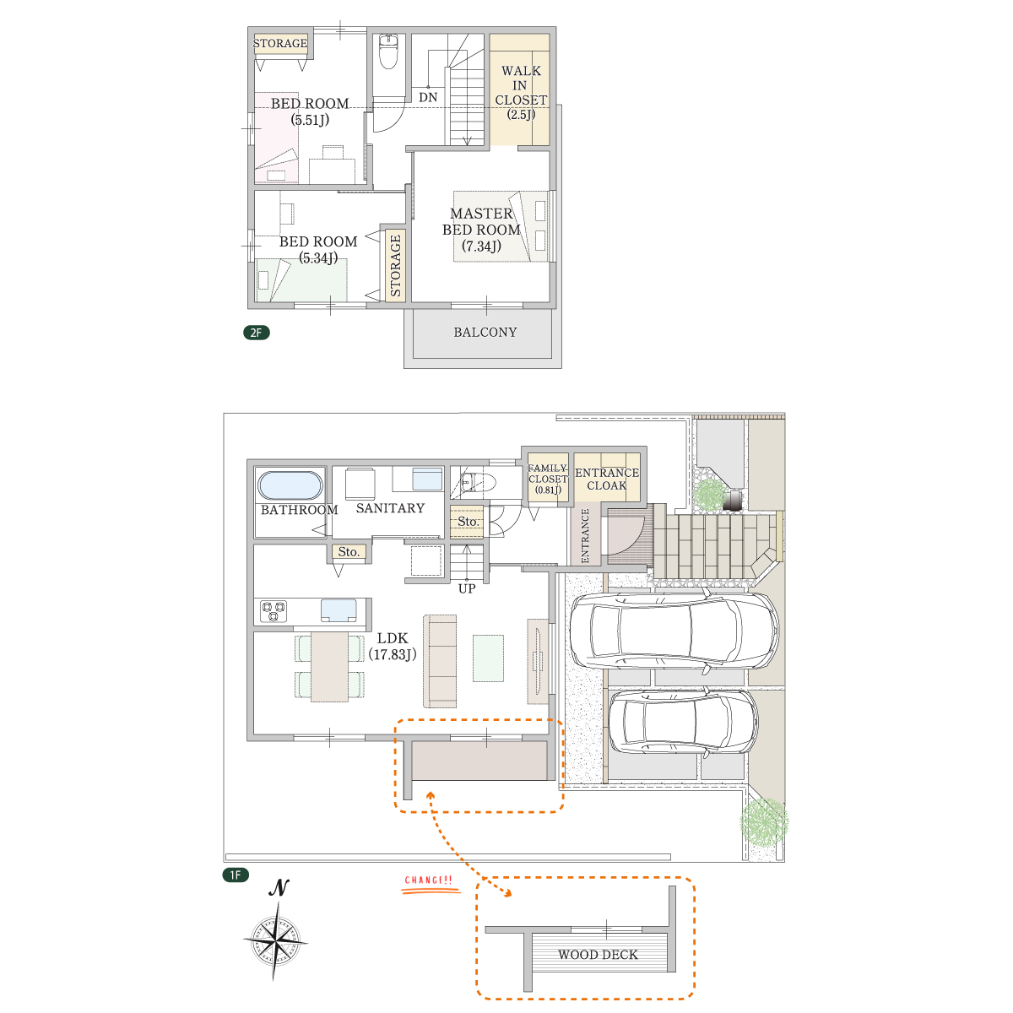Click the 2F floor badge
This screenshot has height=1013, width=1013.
click(x=256, y=333)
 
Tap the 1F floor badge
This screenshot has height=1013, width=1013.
click(x=236, y=875)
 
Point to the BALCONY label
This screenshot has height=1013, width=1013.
click(x=485, y=333)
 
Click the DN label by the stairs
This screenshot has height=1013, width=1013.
click(x=428, y=97)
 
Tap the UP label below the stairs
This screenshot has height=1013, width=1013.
click(x=467, y=588)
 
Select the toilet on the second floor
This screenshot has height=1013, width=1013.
click(x=388, y=51)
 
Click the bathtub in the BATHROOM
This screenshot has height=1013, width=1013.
click(x=290, y=485)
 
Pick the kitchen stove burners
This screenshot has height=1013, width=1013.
click(x=274, y=611)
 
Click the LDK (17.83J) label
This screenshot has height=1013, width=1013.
click(x=393, y=646)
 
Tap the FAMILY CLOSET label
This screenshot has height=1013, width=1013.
click(x=548, y=479)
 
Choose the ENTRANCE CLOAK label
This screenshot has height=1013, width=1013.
click(x=607, y=479)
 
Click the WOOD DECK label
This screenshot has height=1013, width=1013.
click(x=598, y=955)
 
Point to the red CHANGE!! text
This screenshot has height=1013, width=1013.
click(x=429, y=880)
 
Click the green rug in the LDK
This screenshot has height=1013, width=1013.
click(x=488, y=658)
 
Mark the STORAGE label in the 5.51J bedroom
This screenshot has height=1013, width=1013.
click(x=280, y=43)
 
